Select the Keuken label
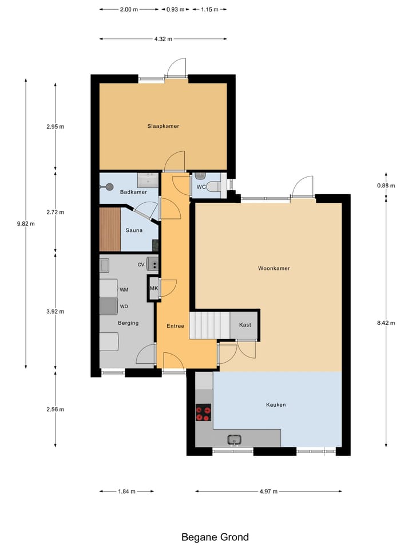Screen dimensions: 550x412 tap(275, 405)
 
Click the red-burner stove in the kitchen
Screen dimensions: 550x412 tap(203, 413)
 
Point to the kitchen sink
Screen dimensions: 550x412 tap(233, 440)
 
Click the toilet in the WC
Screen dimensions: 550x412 tap(213, 186)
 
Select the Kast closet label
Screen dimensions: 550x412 tap(245, 325)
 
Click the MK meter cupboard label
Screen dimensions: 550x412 tap(153, 288)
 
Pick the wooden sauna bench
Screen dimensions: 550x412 tap(110, 230)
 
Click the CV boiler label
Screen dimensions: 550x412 tap(141, 265)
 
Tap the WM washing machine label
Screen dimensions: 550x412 tap(124, 290)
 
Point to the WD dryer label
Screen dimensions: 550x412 tap(124, 306)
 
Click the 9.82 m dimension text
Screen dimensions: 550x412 tap(26, 224)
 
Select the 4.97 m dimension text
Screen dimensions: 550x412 tap(268, 492)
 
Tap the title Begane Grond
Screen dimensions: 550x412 tap(215, 537)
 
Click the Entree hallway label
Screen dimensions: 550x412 tap(175, 326)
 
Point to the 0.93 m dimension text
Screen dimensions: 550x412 tap(176, 10)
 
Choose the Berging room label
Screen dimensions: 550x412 tap(128, 323)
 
